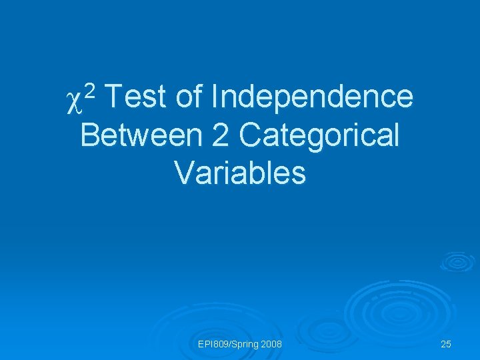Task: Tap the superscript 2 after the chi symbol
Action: (92, 89)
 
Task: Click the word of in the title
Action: (189, 97)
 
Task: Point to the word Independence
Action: (311, 97)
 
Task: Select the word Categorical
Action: (319, 135)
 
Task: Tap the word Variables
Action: (240, 173)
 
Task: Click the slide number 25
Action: (446, 344)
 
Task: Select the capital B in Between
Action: (88, 135)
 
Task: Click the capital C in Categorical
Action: (249, 135)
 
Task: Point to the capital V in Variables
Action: (183, 173)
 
